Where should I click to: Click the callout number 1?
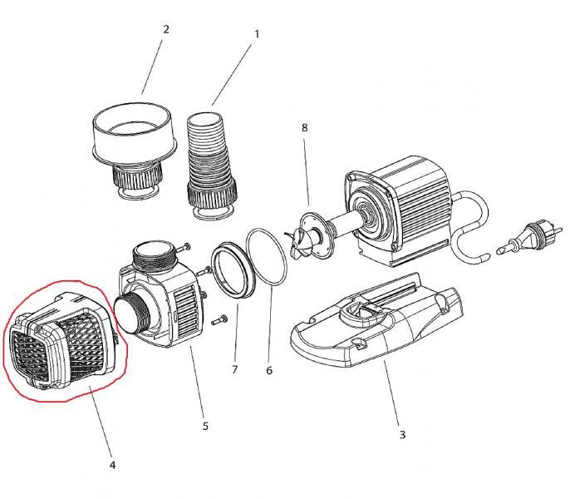(x=257, y=35)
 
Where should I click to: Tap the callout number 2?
(x=166, y=29)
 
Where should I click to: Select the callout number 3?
(x=402, y=433)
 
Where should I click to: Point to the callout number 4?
(x=111, y=464)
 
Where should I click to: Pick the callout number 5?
(x=205, y=427)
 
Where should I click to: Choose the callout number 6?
(x=268, y=370)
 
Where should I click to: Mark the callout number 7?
(x=234, y=368)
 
